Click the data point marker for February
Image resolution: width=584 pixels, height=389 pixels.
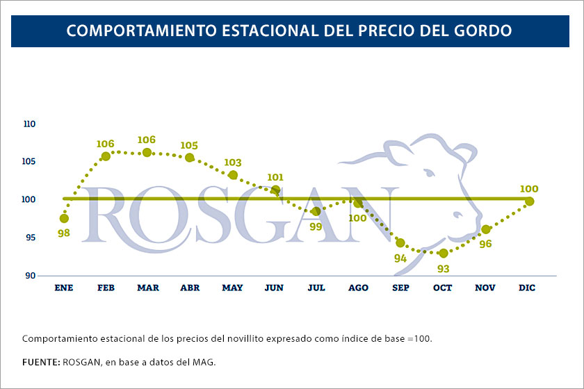point(106,156)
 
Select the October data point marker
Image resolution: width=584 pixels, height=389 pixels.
point(444,253)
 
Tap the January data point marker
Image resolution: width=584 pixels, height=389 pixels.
point(64,218)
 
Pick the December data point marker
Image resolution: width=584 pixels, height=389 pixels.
point(529,201)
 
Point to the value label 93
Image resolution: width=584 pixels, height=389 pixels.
point(443,268)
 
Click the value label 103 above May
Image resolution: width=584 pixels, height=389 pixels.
point(233,163)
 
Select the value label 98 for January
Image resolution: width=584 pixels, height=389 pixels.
point(64,233)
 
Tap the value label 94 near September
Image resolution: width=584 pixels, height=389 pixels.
point(400,258)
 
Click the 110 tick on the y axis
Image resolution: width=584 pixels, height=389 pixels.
point(29,124)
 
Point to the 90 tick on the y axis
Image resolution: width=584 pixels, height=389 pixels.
point(30,276)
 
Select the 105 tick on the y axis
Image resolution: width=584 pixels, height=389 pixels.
point(29,162)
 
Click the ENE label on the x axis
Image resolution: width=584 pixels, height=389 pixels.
point(64,288)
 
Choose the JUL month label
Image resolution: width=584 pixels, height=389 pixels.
point(316,288)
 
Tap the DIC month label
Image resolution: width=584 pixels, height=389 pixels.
point(527,288)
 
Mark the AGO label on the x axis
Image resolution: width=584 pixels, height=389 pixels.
point(358,288)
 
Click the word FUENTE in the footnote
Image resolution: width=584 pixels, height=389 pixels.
point(40,362)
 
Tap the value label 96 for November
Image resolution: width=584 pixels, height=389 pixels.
point(485,244)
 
